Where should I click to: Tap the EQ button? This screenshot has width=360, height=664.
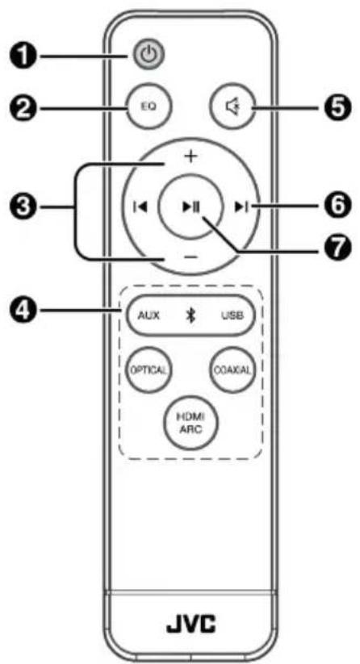tap(149, 106)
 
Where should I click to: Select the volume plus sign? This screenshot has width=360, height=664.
tap(191, 157)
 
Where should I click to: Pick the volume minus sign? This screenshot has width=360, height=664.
tap(191, 257)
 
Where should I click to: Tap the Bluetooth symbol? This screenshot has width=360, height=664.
tap(191, 316)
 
